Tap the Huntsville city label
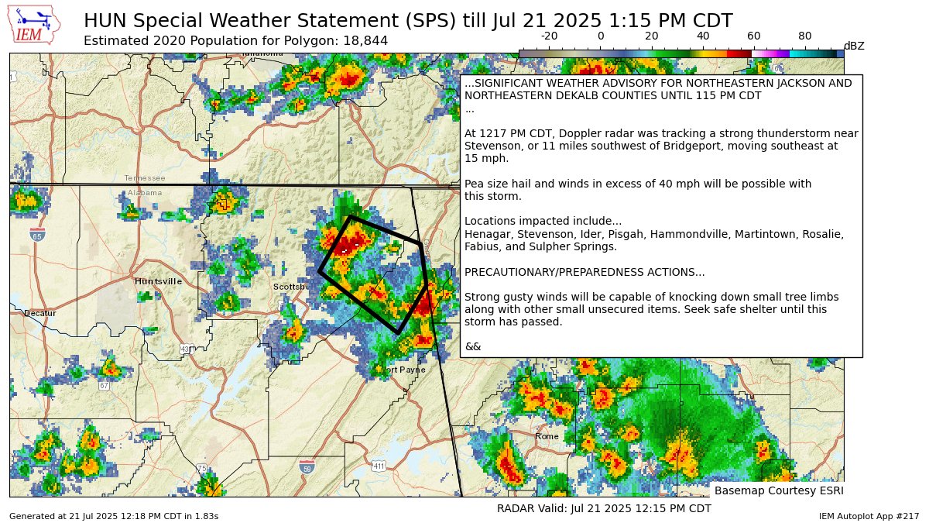pos(158,281)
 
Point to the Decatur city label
pos(39,313)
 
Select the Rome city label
pos(547,436)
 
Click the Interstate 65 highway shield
pos(38,234)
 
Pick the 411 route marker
pos(379,466)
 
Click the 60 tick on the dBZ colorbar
pos(754,36)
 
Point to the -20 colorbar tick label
pos(550,36)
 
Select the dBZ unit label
pos(854,46)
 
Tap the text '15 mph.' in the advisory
pos(486,158)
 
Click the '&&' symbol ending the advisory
pos(472,346)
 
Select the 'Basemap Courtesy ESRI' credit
pos(778,490)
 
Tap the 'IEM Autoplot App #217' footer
pos(869,516)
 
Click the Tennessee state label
pos(145,178)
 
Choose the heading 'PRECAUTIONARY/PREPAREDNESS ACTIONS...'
pos(584,272)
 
